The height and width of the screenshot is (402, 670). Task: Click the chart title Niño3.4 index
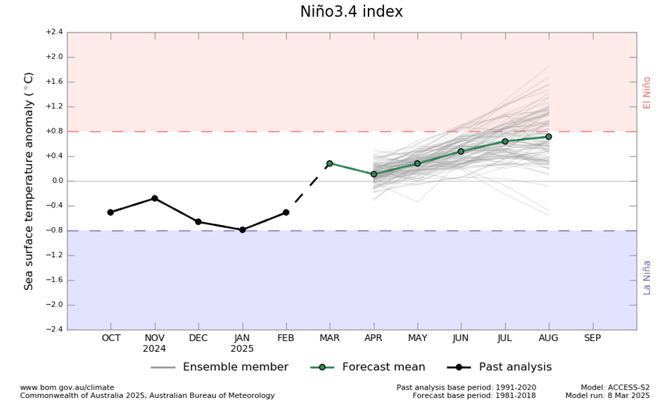(351, 12)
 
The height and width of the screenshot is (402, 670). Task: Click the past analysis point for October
(110, 212)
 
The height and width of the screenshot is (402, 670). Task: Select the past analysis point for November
(154, 198)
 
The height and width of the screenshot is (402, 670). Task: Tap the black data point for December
(198, 222)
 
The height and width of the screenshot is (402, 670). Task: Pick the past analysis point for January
(243, 230)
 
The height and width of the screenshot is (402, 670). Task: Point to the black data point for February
(286, 212)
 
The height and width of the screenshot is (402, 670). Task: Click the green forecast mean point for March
(330, 163)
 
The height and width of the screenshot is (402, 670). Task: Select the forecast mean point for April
(373, 174)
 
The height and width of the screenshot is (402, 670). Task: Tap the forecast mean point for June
(461, 151)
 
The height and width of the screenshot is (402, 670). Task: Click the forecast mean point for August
(549, 137)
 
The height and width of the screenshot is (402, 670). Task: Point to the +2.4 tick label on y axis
(54, 32)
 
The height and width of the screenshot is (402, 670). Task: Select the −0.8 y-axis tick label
(54, 230)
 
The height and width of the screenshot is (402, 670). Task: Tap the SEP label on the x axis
(592, 338)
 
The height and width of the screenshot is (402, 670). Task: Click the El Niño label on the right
(647, 93)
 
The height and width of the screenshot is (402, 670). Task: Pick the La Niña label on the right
(647, 277)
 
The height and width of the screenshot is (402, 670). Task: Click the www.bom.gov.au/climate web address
(66, 388)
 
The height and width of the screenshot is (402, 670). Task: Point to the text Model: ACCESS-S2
(614, 388)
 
